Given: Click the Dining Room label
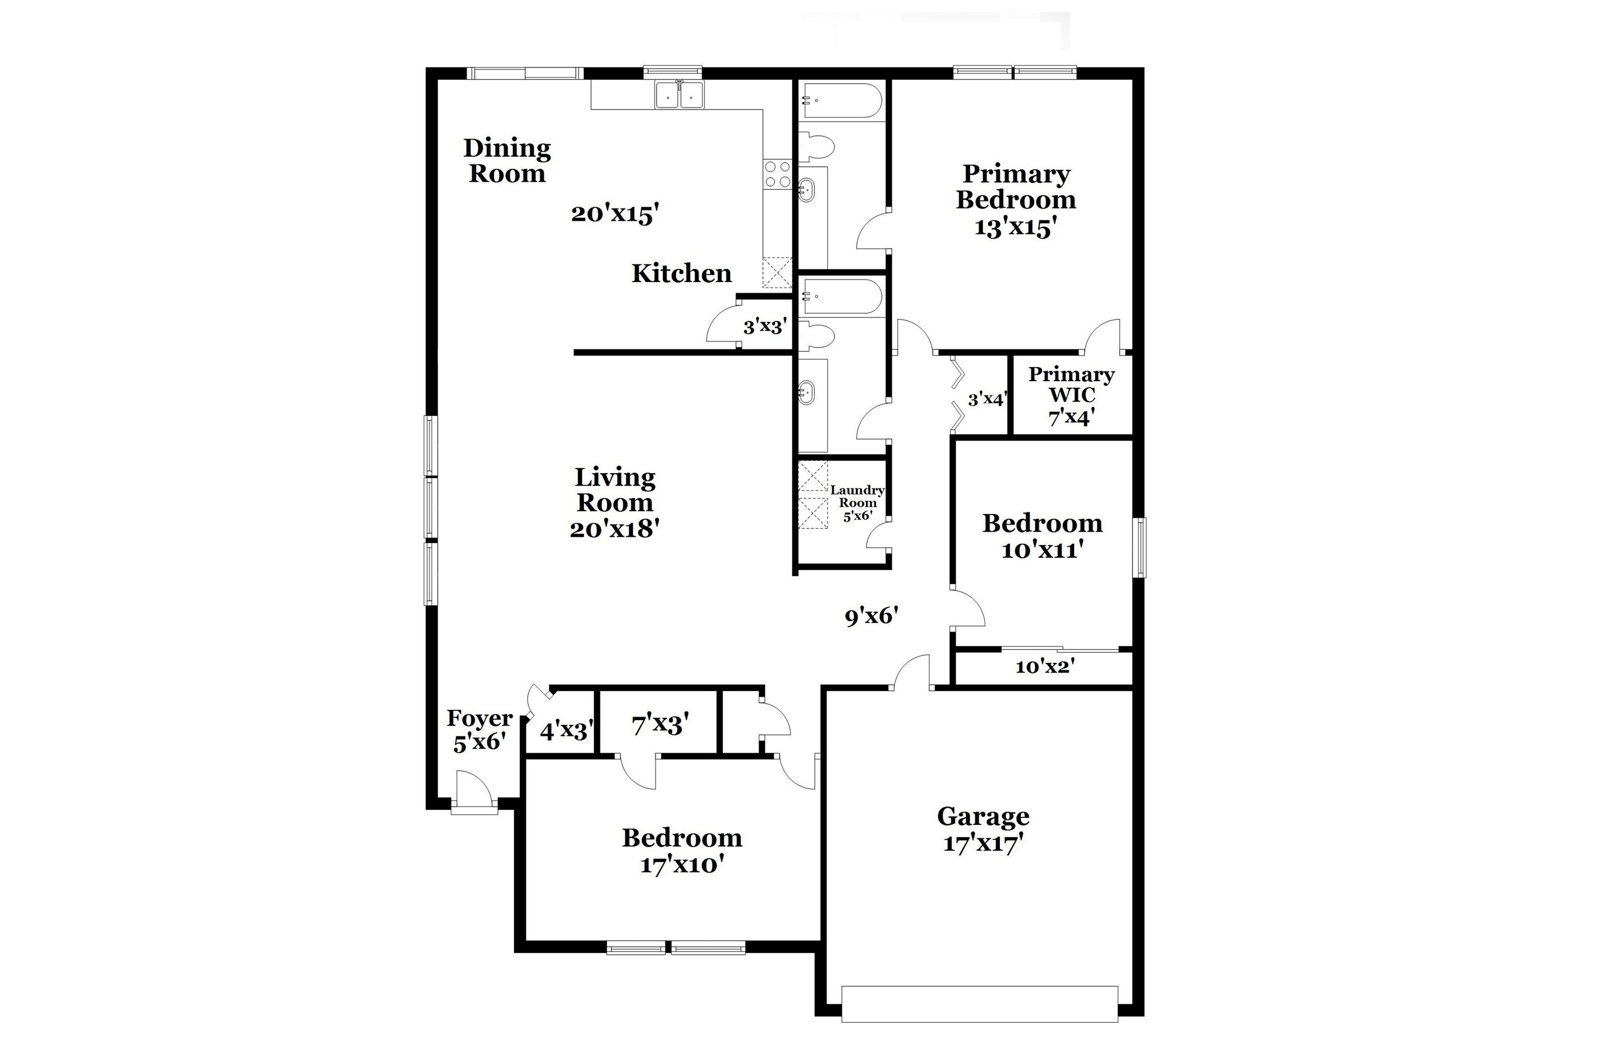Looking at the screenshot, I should [507, 160].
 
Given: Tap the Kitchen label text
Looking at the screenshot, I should [681, 273].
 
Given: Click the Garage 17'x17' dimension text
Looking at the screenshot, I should [983, 843].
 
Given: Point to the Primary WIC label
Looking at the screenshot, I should [1071, 384].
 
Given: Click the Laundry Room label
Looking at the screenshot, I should [857, 496].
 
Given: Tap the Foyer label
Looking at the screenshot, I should [479, 719].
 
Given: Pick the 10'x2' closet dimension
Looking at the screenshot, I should [1045, 667].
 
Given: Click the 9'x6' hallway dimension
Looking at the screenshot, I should [871, 616].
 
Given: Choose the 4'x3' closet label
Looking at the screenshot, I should [566, 730].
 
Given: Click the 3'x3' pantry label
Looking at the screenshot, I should [765, 327].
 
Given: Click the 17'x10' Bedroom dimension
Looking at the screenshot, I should [681, 864].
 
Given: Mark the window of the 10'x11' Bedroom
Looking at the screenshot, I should [1139, 547].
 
